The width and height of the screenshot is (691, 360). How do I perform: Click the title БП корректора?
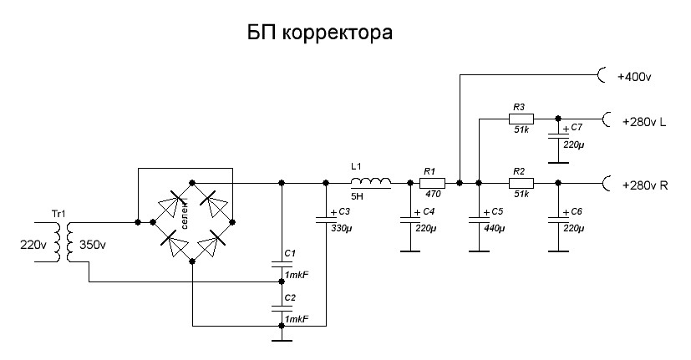click(x=318, y=34)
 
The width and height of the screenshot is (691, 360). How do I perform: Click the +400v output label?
click(x=634, y=77)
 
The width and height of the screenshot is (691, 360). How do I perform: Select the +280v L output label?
click(x=643, y=122)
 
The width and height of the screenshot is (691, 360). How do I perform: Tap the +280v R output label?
click(x=644, y=185)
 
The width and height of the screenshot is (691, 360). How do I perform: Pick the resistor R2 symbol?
click(x=520, y=181)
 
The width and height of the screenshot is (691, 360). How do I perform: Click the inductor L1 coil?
click(x=370, y=181)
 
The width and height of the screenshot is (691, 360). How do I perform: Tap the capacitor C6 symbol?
click(x=557, y=219)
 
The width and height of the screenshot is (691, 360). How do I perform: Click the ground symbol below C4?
click(x=409, y=250)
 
